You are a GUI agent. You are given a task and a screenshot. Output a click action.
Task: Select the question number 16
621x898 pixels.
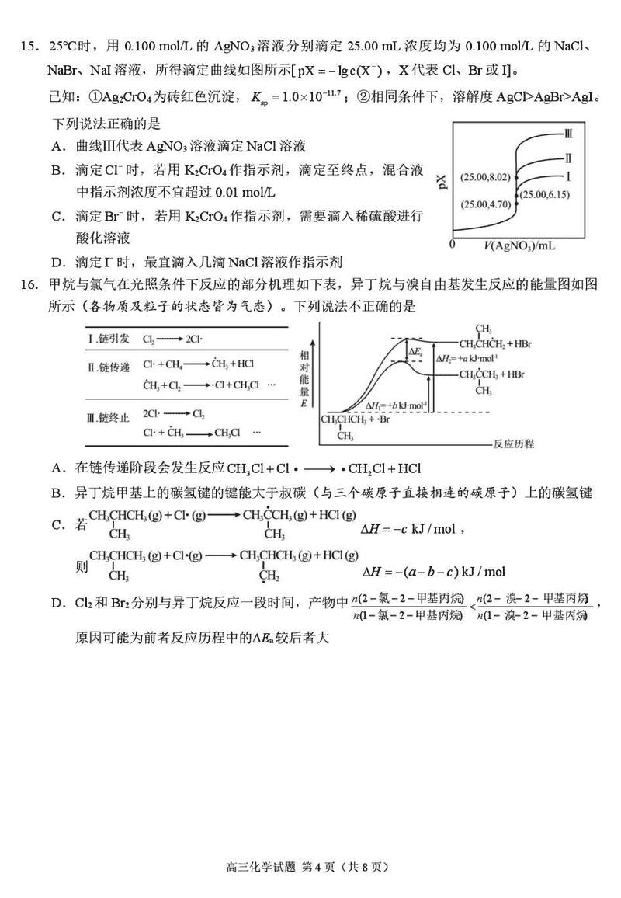click(x=29, y=284)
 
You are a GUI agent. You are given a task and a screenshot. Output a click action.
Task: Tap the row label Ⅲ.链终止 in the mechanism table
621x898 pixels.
click(x=109, y=418)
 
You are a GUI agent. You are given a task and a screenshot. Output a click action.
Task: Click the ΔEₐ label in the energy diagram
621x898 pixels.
click(x=417, y=352)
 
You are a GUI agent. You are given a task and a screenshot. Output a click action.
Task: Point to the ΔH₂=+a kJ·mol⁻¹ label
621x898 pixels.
click(x=465, y=358)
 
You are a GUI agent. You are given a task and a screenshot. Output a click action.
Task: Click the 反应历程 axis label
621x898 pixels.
click(x=513, y=445)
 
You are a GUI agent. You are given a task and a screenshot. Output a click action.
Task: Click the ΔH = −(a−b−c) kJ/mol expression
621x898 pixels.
click(x=434, y=572)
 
